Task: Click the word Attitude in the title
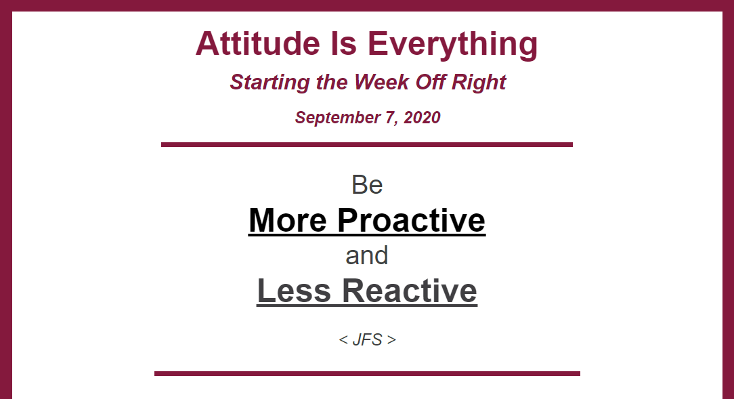258,43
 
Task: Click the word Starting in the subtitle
269,83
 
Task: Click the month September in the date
337,118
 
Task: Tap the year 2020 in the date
422,118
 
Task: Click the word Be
367,185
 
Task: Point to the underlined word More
287,220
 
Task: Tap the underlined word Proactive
412,220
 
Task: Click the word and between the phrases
367,255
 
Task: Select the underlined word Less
294,291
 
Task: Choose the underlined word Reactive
410,291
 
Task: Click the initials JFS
368,339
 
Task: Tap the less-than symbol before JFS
343,340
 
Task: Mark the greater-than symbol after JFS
391,340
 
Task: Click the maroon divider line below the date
367,145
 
